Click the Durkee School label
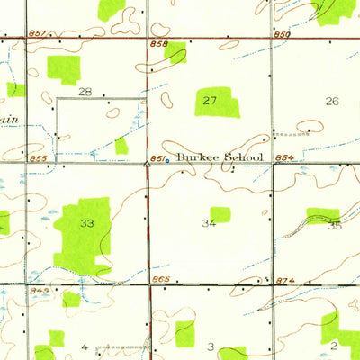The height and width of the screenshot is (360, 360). pos(219,157)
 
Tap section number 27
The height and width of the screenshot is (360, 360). pos(210,101)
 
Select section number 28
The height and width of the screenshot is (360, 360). pos(85,92)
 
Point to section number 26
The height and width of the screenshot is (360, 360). pos(332,101)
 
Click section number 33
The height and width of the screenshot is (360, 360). pos(86,222)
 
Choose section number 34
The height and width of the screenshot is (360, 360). pos(210,222)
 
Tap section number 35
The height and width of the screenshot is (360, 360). pos(335,225)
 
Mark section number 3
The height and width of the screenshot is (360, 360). pos(211,346)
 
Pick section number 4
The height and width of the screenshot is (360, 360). pos(85,346)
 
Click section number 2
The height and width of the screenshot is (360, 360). pos(333,345)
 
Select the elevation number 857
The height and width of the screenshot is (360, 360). pos(36,33)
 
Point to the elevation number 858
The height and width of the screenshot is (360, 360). pos(159,43)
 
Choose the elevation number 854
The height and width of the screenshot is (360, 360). pos(283,158)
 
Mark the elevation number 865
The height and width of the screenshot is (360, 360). pos(161,282)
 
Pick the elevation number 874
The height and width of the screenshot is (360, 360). pos(283,282)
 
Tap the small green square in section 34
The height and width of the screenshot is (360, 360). pos(220,214)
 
